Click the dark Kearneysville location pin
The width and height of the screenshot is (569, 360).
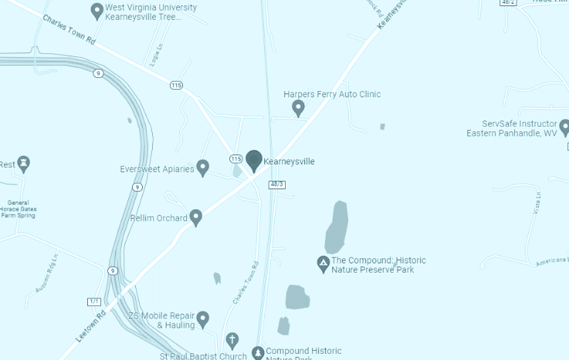coord(254,160)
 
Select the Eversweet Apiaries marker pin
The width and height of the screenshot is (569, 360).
coord(203,167)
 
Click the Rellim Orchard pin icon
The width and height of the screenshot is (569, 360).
coord(196,217)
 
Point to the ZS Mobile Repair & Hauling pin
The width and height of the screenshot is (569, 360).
coord(203,318)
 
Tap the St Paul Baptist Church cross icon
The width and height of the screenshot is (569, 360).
coord(232,340)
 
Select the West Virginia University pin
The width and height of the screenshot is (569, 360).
coord(97,11)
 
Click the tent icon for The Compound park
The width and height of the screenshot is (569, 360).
coord(323,264)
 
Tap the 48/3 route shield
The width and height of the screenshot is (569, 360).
coord(277,185)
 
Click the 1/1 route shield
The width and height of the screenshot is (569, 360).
coord(95,301)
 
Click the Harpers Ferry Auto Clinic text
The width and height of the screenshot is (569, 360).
coord(332,94)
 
